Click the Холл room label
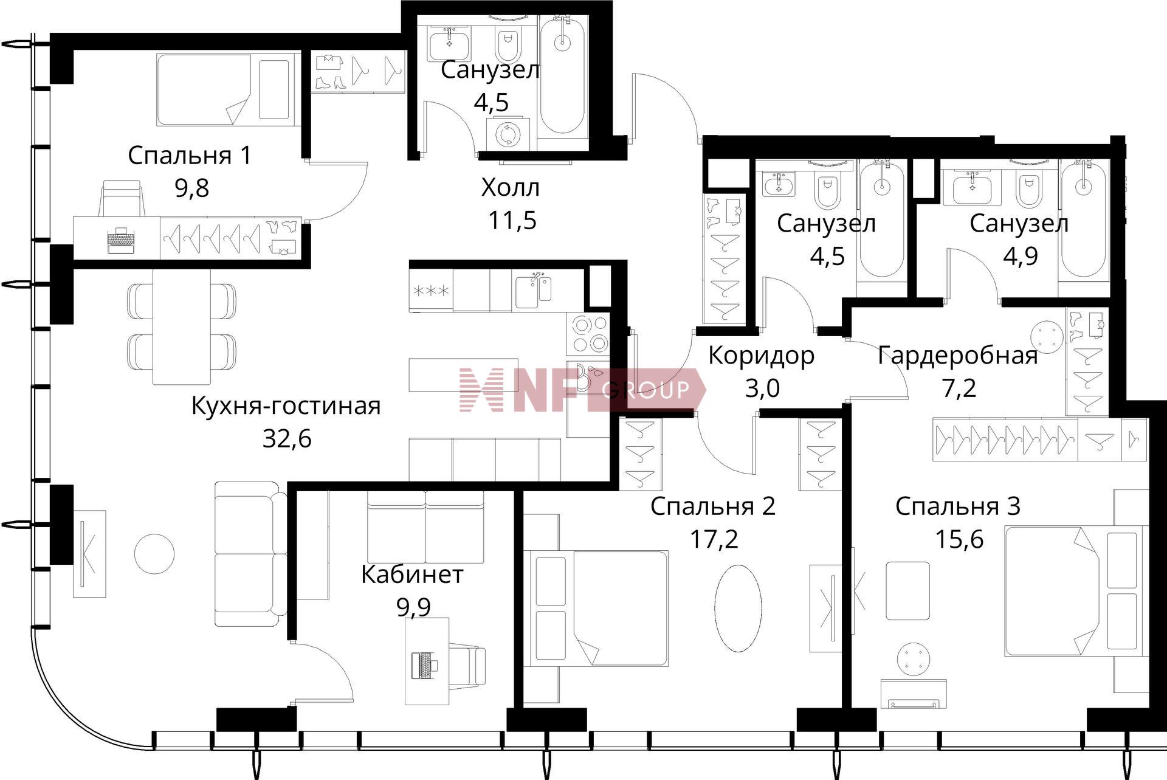510,188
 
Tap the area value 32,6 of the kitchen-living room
287,438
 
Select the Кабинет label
412,575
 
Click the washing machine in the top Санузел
507,134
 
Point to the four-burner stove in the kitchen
588,334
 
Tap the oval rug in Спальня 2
738,609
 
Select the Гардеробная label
958,356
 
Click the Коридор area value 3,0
762,388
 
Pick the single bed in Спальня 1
228,90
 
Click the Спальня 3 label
957,506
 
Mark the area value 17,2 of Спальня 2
714,539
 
